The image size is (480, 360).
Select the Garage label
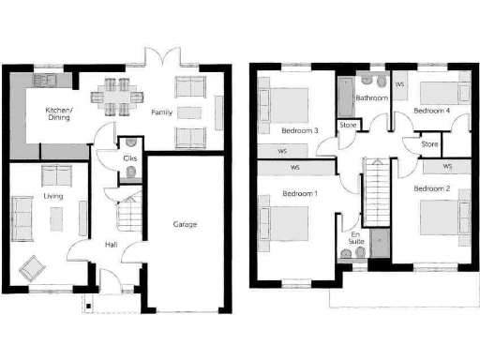coord(184,224)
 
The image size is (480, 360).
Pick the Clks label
coord(130,159)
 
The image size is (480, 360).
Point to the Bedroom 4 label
coord(433,111)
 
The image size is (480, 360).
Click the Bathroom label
coord(371,97)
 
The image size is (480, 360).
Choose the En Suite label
coord(356,238)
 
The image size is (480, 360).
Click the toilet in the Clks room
coord(131,143)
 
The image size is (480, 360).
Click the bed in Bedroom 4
coord(441,92)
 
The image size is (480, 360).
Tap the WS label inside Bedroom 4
coord(400,84)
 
